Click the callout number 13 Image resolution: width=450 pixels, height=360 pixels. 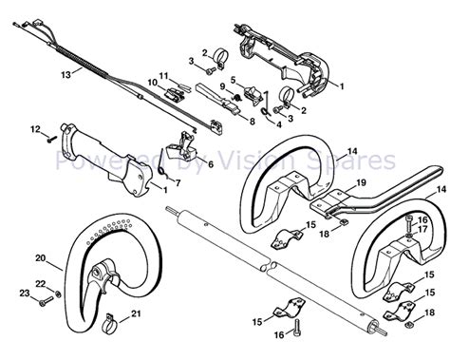(x=38, y=72)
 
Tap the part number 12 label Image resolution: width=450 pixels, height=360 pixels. (x=35, y=128)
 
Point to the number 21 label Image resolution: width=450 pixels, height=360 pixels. (x=137, y=313)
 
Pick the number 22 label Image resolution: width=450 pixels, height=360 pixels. (x=39, y=284)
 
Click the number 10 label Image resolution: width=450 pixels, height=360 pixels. (x=152, y=84)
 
